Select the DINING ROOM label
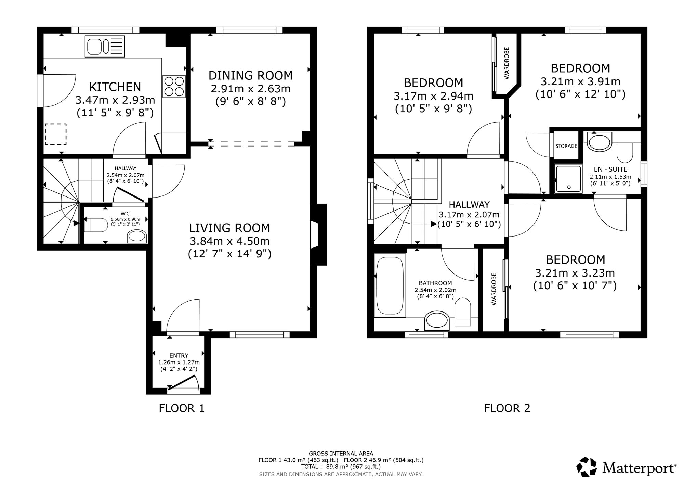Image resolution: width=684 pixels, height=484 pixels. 251,75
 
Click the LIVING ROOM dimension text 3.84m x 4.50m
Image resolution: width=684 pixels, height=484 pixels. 230,241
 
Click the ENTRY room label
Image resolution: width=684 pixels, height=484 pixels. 179,356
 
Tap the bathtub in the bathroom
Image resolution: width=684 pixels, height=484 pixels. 390,285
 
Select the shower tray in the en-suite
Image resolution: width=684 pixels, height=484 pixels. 568,179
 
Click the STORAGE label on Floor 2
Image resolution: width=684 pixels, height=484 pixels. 566,146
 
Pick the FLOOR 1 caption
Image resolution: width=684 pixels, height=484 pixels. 182,408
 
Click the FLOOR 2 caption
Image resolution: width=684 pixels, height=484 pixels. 507,408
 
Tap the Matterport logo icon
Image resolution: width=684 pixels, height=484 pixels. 587,467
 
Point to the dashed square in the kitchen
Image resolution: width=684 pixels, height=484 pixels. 56,134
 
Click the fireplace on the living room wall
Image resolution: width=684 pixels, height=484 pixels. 318,234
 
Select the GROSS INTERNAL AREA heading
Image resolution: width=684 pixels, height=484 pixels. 341,454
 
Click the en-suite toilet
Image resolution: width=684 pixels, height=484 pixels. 624,152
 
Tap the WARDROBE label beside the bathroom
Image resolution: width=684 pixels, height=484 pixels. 494,289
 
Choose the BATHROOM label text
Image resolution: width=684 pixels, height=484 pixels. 435,283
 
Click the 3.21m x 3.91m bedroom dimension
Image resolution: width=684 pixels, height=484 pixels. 581,81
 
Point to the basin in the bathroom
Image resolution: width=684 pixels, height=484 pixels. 437,320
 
